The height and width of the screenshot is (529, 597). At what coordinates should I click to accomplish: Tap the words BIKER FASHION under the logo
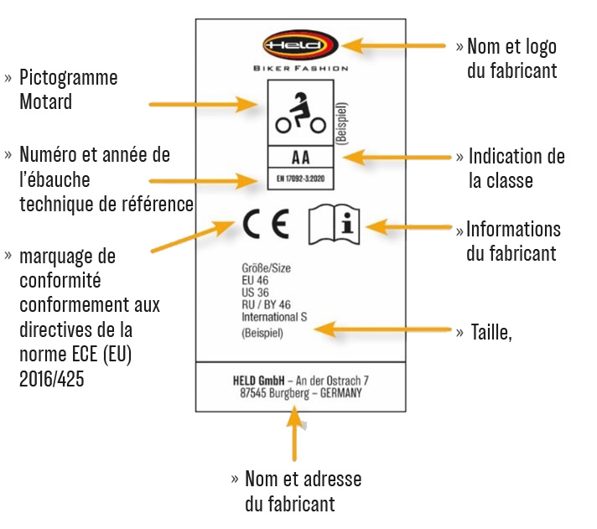(300, 69)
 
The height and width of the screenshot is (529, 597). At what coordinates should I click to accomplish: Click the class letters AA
(300, 157)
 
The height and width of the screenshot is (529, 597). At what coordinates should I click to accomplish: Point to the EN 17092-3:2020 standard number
(300, 179)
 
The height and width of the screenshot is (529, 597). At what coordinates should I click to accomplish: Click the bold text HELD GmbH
(257, 380)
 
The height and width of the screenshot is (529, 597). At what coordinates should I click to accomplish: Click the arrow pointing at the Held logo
(394, 46)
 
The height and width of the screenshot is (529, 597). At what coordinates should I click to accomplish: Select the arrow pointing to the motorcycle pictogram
(205, 105)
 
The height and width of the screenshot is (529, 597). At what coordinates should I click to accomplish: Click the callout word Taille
(491, 332)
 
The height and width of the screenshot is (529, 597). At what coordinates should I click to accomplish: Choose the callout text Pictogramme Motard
(67, 90)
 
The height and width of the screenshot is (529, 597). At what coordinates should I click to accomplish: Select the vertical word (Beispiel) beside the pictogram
(343, 125)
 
